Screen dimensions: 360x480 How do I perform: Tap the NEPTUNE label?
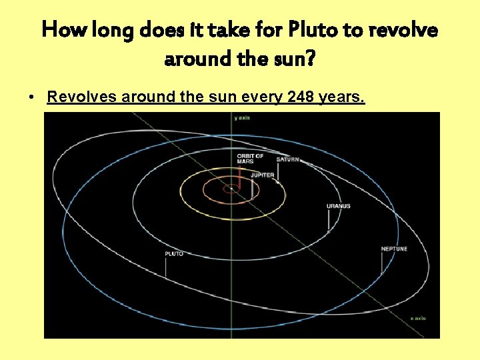coord(394,249)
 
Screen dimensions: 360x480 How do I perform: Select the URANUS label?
coord(338,207)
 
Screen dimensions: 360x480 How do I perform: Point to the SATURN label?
coord(288,160)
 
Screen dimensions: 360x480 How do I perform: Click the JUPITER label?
coord(262,175)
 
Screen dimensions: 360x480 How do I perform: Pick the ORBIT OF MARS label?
coord(250,159)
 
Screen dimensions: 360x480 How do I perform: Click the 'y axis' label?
coord(241,118)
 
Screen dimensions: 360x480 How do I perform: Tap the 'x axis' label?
coord(417,319)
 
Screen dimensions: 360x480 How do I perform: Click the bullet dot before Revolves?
coord(32,98)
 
